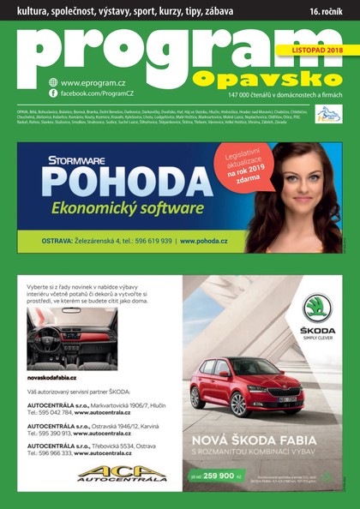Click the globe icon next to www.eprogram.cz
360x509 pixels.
[x=53, y=82]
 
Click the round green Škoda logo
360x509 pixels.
[x=317, y=307]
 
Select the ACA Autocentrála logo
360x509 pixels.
[x=110, y=472]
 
